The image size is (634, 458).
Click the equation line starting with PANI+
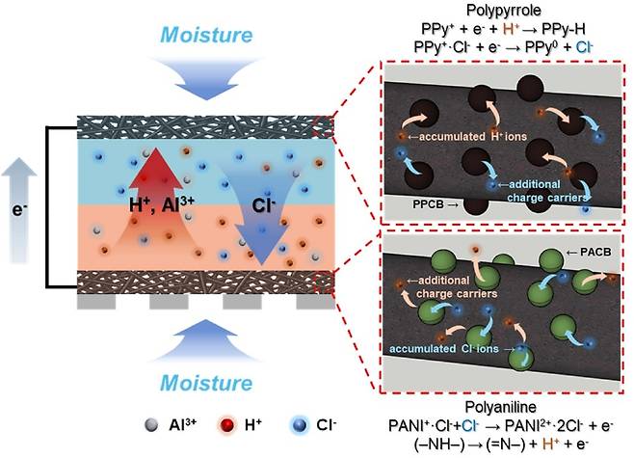point(502,425)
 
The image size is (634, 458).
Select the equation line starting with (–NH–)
point(502,445)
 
